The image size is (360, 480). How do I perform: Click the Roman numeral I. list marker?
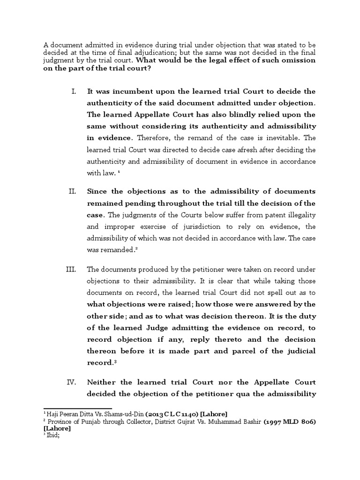pyautogui.click(x=74, y=90)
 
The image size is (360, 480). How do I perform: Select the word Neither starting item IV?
pyautogui.click(x=102, y=382)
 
